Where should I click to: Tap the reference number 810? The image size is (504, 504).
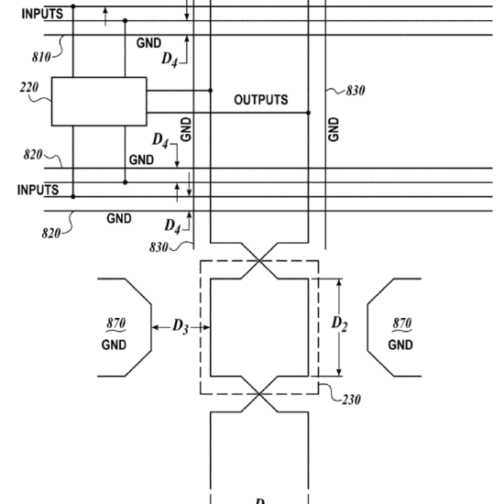point(41,57)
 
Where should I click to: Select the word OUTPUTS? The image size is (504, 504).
point(261,100)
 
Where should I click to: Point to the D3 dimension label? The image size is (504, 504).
point(181,326)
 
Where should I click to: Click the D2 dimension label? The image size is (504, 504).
point(339,323)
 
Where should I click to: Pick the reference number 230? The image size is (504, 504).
point(351,400)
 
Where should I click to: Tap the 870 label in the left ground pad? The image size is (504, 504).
point(116,323)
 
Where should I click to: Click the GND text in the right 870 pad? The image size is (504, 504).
point(400,345)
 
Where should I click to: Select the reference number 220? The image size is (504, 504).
point(29,87)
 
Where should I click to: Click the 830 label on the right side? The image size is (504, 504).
point(356,91)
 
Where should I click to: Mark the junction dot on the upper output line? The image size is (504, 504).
point(211,91)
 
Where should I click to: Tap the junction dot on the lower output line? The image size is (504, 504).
point(309,113)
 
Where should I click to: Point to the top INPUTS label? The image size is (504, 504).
point(42,14)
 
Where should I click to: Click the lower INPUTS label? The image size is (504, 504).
point(38,190)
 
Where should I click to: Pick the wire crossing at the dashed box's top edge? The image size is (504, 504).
point(259,260)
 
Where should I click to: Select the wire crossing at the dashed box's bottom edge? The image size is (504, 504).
point(259,394)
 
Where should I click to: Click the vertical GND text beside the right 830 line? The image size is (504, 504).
point(334,129)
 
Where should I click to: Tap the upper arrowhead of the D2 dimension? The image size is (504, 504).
point(339,282)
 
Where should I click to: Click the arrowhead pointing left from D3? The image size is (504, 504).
point(155,327)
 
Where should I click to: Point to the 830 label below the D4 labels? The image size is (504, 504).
point(159,247)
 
